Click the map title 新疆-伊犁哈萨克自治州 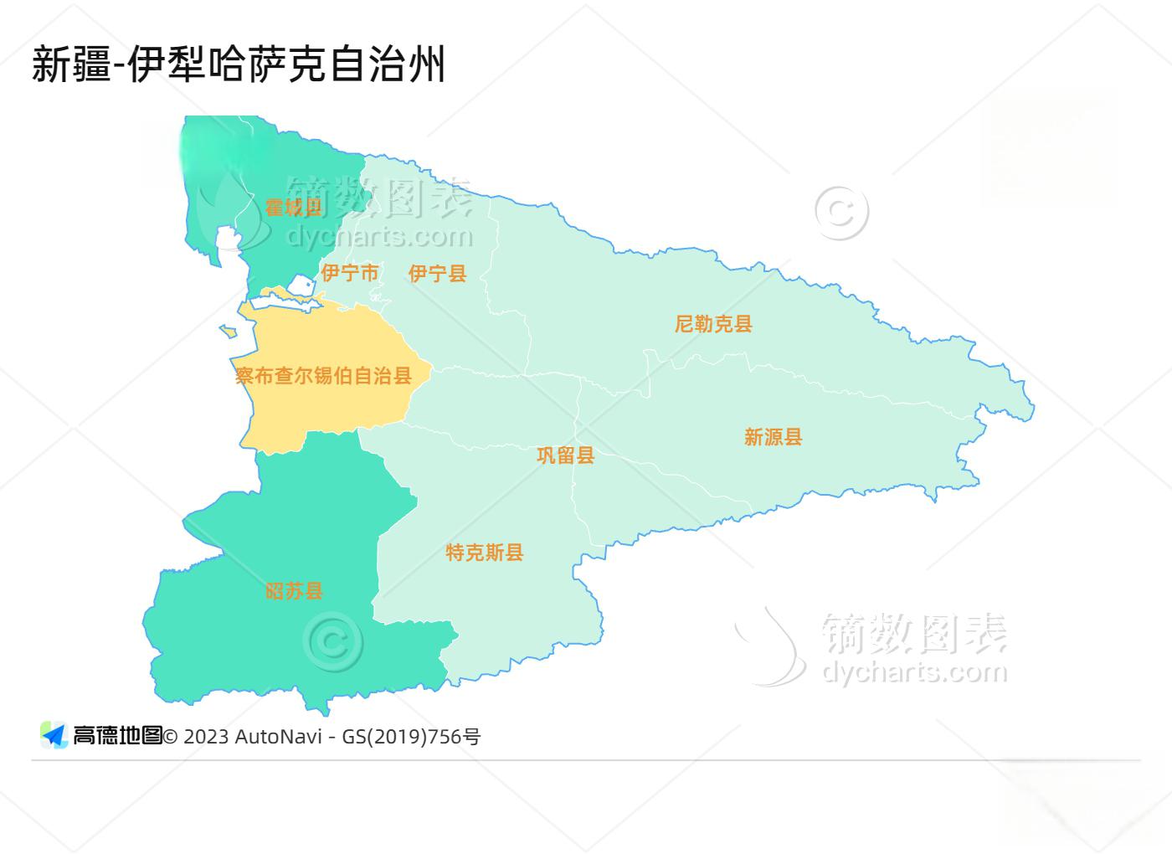coord(238,64)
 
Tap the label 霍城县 coord(293,208)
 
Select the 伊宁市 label coord(350,273)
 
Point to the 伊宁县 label coord(437,273)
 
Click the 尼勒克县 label coord(713,324)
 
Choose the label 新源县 coord(773,437)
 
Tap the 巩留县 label coord(565,455)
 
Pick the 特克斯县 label coord(484,553)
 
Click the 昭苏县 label coord(294,591)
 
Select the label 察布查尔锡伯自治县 coord(323,376)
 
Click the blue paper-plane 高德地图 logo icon coord(54,735)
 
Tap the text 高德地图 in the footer coord(117,736)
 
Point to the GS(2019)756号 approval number coord(411,737)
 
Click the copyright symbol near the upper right coord(840,212)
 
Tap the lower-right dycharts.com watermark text coord(914,671)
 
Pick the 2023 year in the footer coord(206,737)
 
